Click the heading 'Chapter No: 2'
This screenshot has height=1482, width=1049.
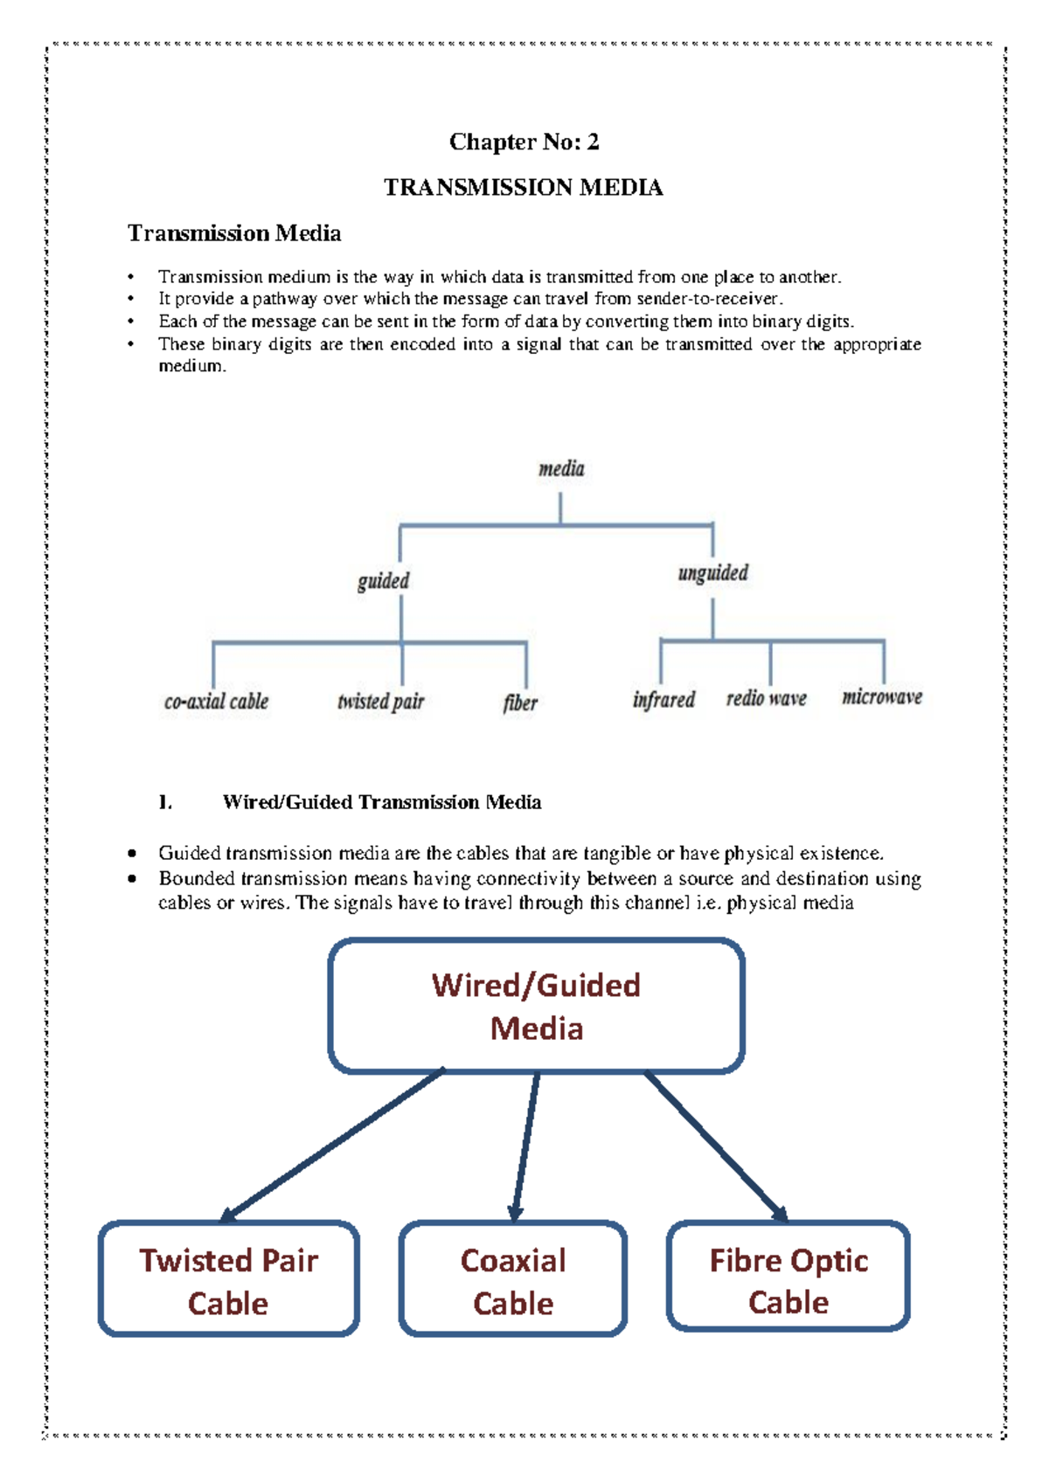tap(524, 142)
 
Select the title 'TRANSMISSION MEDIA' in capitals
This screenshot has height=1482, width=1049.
tap(524, 187)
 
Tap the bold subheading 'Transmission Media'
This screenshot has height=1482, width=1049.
tap(234, 233)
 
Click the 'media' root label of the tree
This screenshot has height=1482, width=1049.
tap(561, 469)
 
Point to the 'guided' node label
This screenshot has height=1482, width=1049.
tap(383, 581)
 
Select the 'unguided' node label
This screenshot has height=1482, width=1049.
tap(713, 573)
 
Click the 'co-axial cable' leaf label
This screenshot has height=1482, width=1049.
tap(216, 702)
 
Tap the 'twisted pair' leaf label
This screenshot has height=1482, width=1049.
tap(380, 702)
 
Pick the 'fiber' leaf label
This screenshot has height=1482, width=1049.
tap(520, 703)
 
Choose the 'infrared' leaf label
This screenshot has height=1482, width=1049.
tap(663, 700)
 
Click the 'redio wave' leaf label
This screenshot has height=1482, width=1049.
tap(766, 698)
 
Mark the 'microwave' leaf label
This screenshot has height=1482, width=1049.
tap(882, 697)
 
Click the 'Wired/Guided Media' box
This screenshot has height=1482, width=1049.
tap(536, 1006)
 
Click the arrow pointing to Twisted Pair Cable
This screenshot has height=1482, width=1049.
tap(332, 1146)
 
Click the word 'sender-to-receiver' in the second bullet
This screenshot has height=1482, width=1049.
tap(708, 299)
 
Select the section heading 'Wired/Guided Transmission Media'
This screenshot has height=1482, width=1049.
tap(382, 802)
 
